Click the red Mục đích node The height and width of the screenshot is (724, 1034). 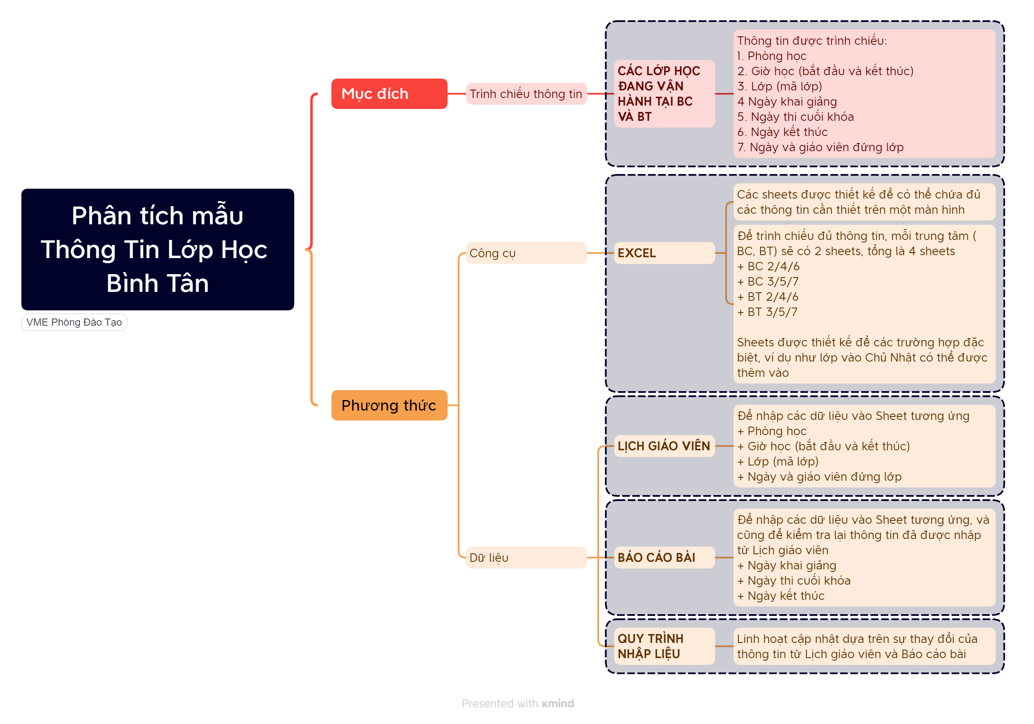pyautogui.click(x=389, y=94)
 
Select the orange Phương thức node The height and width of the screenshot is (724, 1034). pyautogui.click(x=389, y=405)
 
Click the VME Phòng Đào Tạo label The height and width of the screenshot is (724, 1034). pyautogui.click(x=74, y=322)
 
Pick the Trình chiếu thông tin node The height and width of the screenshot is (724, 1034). pyautogui.click(x=525, y=94)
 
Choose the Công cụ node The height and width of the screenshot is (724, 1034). pyautogui.click(x=525, y=253)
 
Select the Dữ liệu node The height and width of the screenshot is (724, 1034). pyautogui.click(x=525, y=558)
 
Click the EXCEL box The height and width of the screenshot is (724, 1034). pyautogui.click(x=664, y=253)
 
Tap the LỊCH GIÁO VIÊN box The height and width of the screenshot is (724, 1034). pyautogui.click(x=664, y=446)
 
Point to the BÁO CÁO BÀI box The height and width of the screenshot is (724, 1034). pyautogui.click(x=664, y=558)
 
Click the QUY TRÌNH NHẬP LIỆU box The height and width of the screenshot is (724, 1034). pyautogui.click(x=664, y=646)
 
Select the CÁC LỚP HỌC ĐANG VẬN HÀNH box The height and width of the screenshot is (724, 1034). pyautogui.click(x=664, y=94)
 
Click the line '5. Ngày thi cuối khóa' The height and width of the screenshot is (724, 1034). pyautogui.click(x=795, y=117)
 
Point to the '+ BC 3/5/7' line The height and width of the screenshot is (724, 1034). pyautogui.click(x=768, y=281)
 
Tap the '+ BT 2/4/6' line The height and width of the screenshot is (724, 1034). pyautogui.click(x=768, y=297)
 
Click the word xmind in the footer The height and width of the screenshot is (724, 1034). pyautogui.click(x=558, y=703)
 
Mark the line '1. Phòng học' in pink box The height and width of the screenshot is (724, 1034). pyautogui.click(x=772, y=56)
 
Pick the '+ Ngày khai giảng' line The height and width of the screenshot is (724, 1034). pyautogui.click(x=787, y=565)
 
